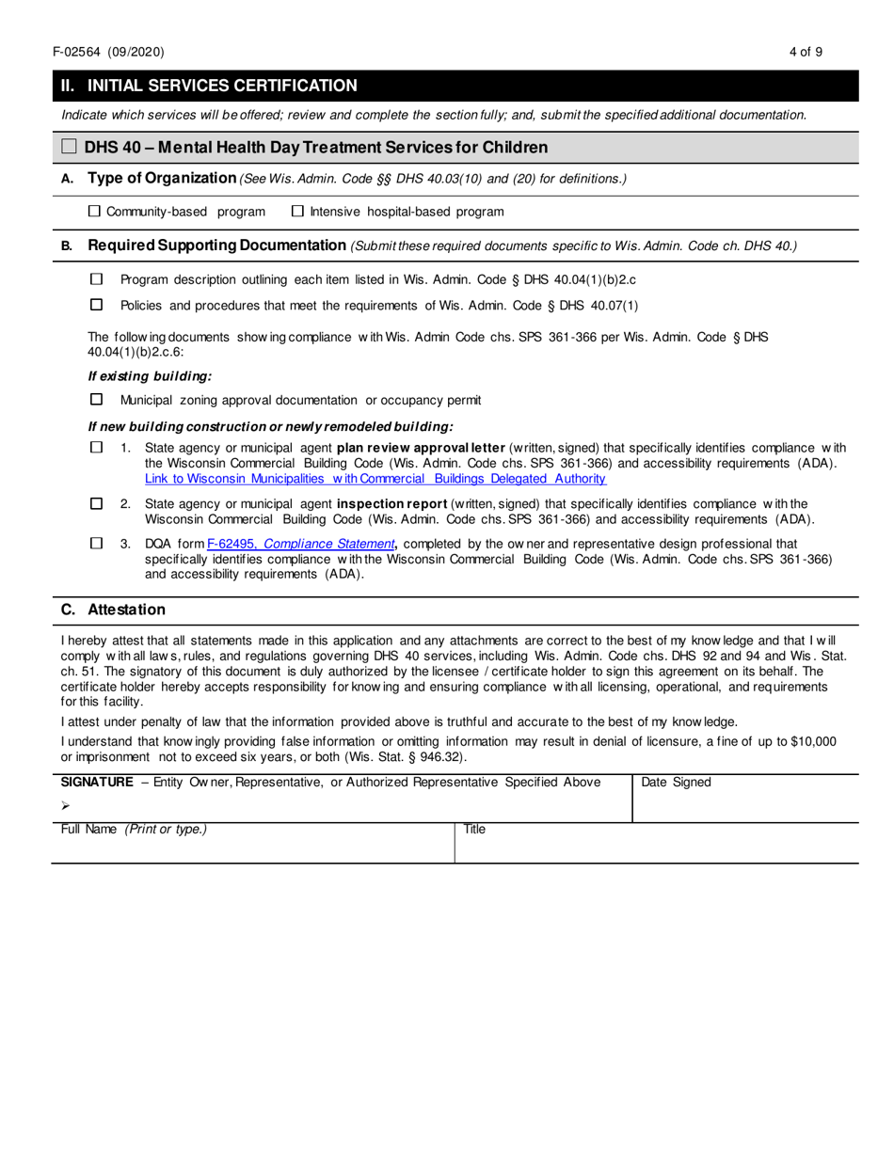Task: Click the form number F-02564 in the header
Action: (x=84, y=52)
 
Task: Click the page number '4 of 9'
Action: (x=806, y=52)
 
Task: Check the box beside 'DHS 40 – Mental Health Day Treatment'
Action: (x=69, y=147)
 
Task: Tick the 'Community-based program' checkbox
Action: (x=94, y=212)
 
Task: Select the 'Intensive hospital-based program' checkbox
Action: (x=297, y=212)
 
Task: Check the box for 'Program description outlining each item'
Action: (x=96, y=279)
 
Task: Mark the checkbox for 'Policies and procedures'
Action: (x=96, y=305)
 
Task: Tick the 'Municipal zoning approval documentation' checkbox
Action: (x=96, y=400)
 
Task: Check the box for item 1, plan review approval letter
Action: (x=96, y=448)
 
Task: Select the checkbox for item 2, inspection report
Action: (x=96, y=503)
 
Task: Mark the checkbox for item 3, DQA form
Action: (x=96, y=543)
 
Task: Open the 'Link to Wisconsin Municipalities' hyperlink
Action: (x=375, y=479)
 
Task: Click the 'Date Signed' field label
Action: (x=676, y=783)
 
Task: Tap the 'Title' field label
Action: (x=474, y=830)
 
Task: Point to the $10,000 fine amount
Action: (x=808, y=742)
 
